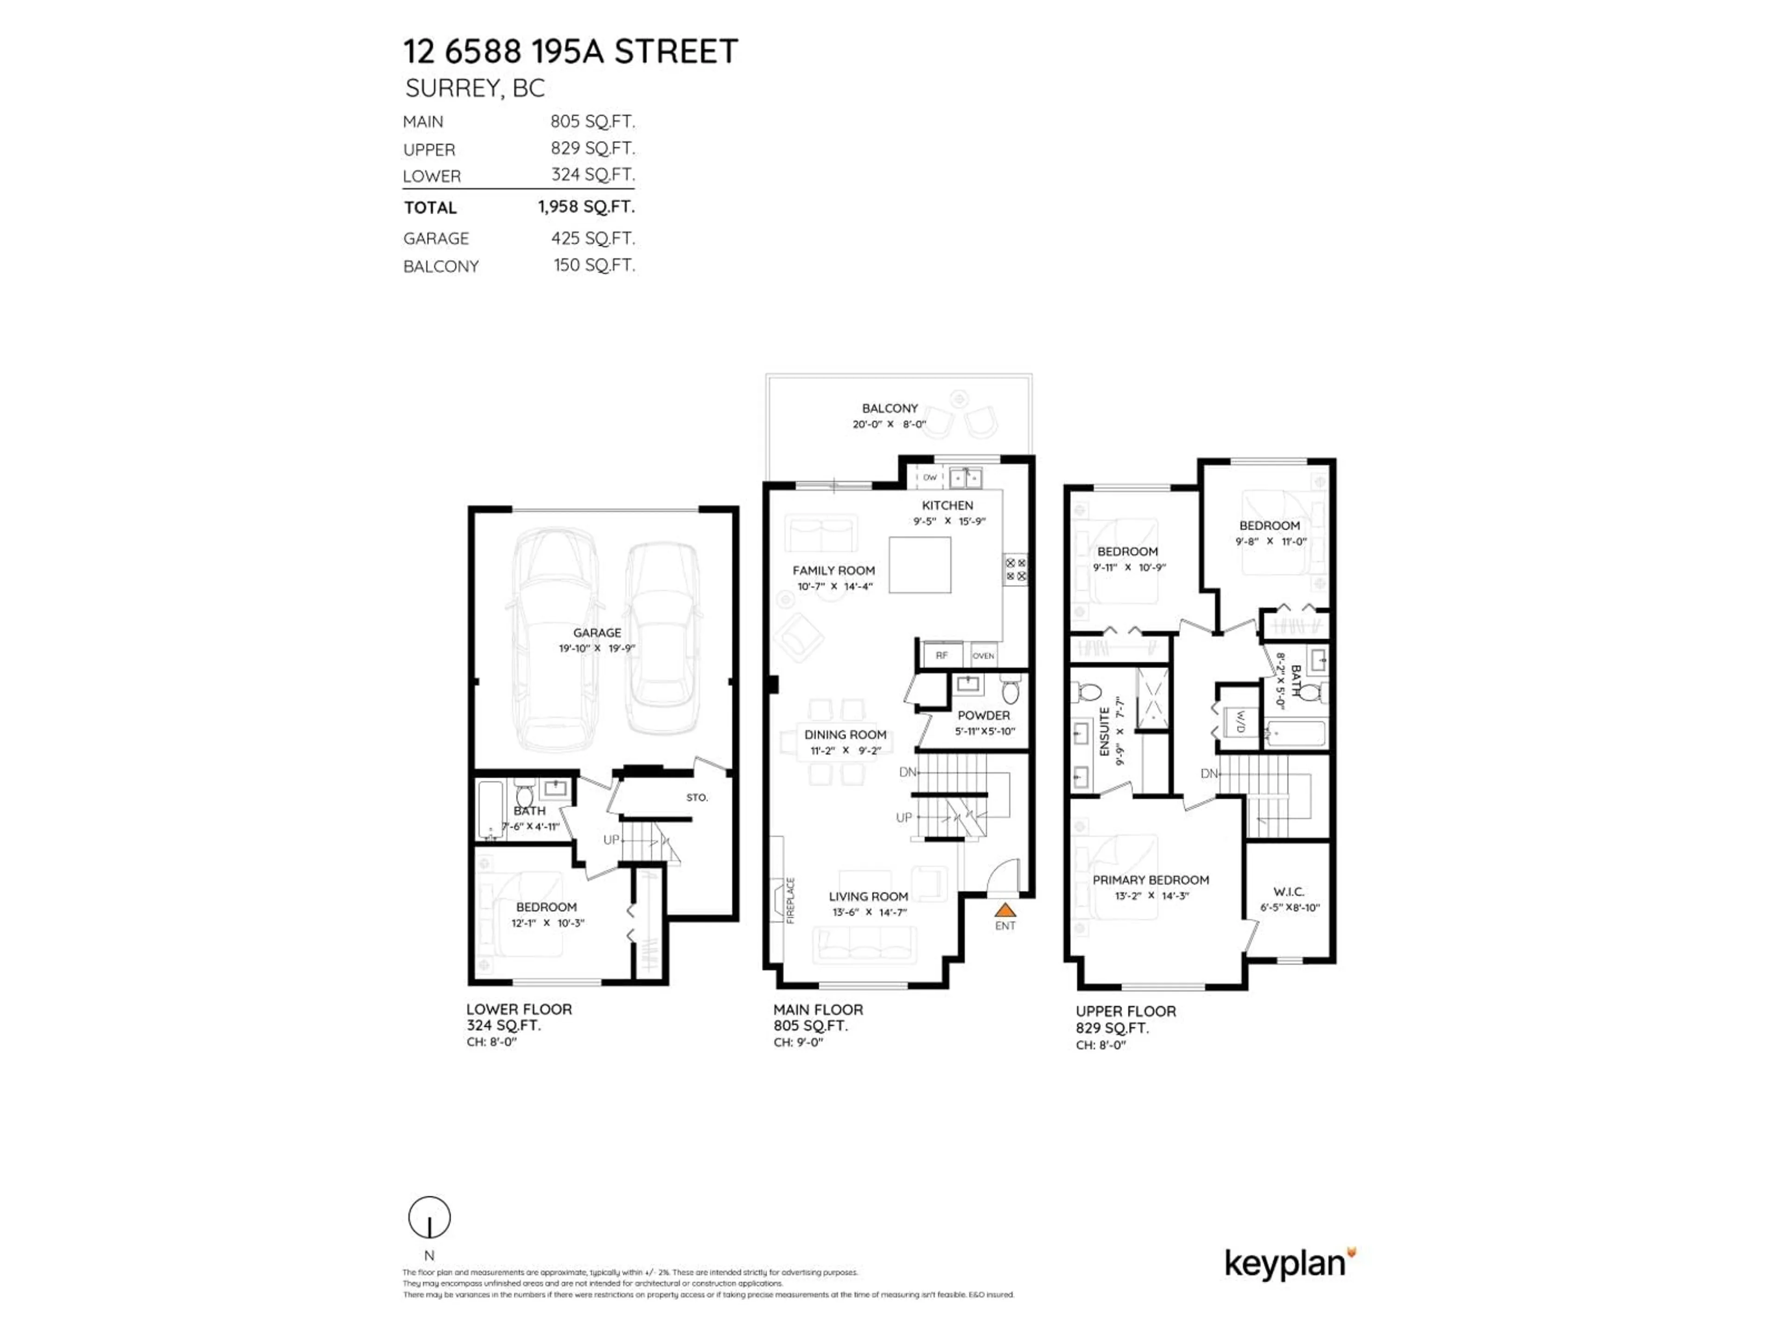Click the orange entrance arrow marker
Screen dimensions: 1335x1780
click(x=1004, y=910)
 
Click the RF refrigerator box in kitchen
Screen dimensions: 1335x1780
click(x=941, y=655)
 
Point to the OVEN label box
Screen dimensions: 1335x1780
click(x=983, y=655)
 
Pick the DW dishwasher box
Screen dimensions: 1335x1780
click(x=929, y=477)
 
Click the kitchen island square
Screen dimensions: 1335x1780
click(x=920, y=565)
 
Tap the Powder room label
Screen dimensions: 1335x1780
click(x=983, y=715)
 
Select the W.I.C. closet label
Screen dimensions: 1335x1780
click(x=1288, y=891)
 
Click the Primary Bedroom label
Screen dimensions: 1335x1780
click(x=1150, y=879)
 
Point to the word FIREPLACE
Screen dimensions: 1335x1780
click(x=790, y=900)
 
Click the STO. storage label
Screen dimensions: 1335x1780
click(x=697, y=797)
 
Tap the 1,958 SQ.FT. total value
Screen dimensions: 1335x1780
click(x=586, y=207)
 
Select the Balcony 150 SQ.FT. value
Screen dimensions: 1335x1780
click(x=594, y=266)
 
